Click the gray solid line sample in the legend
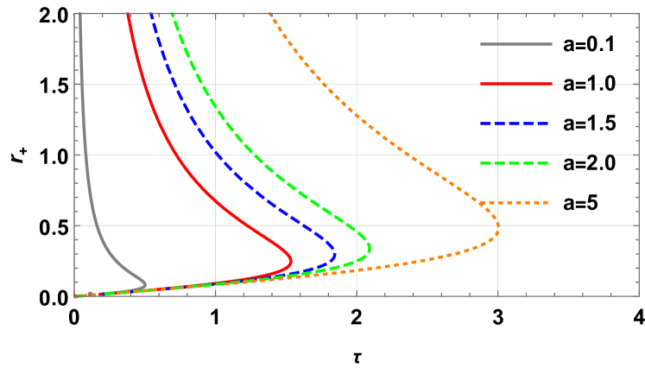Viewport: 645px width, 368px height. click(x=515, y=44)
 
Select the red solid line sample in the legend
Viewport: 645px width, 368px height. click(x=515, y=84)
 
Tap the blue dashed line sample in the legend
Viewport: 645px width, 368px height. click(x=515, y=124)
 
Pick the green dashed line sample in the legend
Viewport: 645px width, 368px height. click(x=515, y=162)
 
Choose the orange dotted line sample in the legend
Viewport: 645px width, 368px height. click(x=515, y=203)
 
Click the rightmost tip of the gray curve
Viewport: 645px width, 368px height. click(x=145, y=283)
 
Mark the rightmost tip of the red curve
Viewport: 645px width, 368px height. click(x=292, y=259)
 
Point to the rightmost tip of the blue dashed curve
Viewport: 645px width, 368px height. click(x=335, y=255)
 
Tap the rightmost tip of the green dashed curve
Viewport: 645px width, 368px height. click(x=370, y=248)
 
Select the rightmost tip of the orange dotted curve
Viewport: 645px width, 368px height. click(x=499, y=229)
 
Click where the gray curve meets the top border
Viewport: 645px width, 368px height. click(x=79, y=14)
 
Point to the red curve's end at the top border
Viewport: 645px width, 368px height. click(x=128, y=14)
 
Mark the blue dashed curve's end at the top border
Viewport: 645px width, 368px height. click(x=150, y=14)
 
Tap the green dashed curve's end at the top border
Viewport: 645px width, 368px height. click(x=173, y=14)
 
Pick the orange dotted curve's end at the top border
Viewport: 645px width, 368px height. click(x=269, y=14)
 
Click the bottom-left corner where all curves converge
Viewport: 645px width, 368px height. click(x=76, y=295)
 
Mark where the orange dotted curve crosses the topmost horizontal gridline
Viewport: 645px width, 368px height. click(x=326, y=84)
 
